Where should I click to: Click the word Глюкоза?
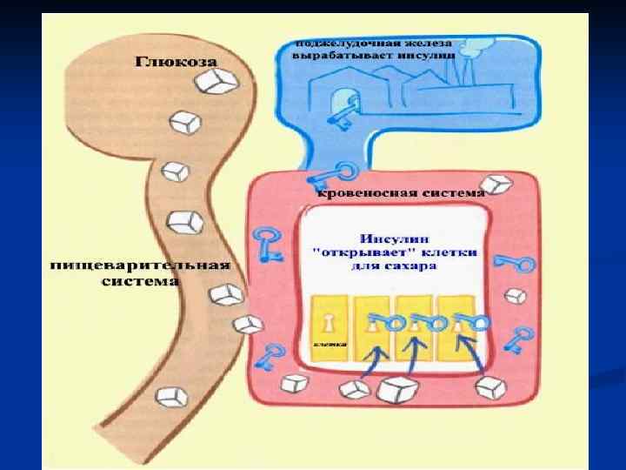tap(175, 61)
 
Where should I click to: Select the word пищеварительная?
tap(140, 264)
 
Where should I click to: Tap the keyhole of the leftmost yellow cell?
tap(330, 323)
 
